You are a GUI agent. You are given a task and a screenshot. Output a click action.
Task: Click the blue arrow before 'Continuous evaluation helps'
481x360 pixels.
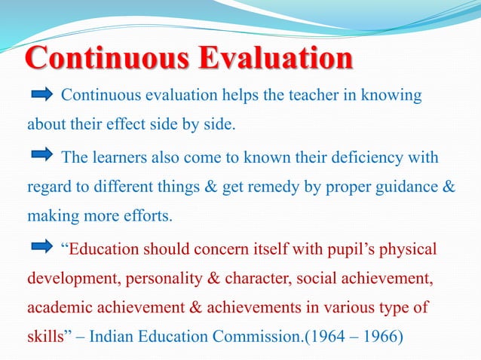click(x=41, y=95)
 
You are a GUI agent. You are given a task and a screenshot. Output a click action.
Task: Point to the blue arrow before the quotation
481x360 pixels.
click(x=41, y=249)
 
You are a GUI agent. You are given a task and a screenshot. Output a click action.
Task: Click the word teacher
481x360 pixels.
click(x=302, y=96)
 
